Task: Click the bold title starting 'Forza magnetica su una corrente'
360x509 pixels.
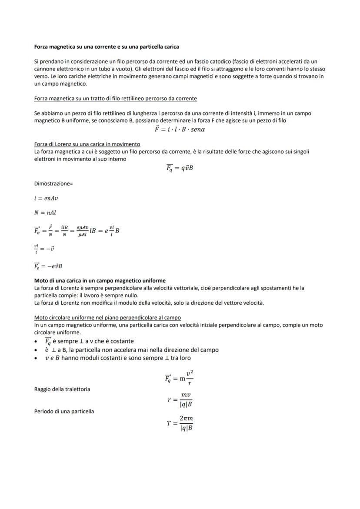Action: (107, 47)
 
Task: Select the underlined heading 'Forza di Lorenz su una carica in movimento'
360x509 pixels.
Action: (87, 144)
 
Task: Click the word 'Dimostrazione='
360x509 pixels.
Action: (53, 183)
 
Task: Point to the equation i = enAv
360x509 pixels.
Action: (46, 198)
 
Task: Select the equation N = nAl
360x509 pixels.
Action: (45, 213)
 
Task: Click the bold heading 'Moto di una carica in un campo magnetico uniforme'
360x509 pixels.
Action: (100, 281)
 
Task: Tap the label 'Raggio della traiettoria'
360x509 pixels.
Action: (62, 389)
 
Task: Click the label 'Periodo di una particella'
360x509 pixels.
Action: (64, 411)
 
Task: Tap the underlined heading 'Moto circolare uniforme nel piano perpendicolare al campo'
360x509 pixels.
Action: (107, 318)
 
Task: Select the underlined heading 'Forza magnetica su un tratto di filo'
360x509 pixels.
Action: (115, 99)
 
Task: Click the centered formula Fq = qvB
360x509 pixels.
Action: (179, 168)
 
